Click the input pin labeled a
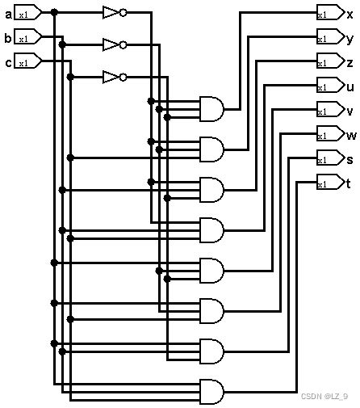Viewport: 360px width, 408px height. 26,13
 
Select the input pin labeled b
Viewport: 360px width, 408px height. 26,37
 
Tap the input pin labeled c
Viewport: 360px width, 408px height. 26,61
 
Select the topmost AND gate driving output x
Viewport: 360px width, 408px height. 211,109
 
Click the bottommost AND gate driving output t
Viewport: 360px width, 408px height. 211,392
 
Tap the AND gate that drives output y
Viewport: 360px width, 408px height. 211,149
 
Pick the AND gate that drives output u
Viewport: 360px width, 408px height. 211,230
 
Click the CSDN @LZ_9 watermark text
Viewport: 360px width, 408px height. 324,396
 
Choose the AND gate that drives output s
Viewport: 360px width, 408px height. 211,351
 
